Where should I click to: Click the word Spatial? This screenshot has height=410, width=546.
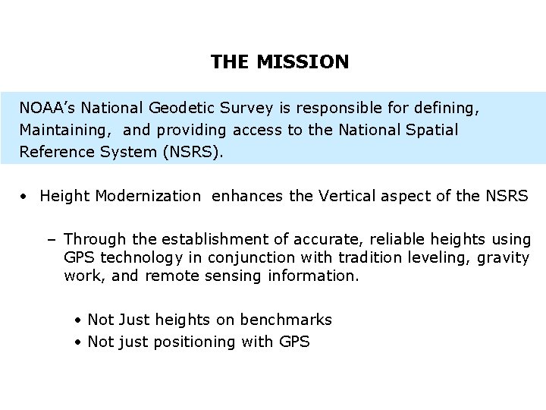(x=432, y=130)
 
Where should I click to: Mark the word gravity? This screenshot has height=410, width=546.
(x=504, y=258)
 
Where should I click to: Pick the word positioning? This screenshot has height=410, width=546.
(x=195, y=342)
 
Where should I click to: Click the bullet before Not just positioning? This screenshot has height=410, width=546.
(x=79, y=342)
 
